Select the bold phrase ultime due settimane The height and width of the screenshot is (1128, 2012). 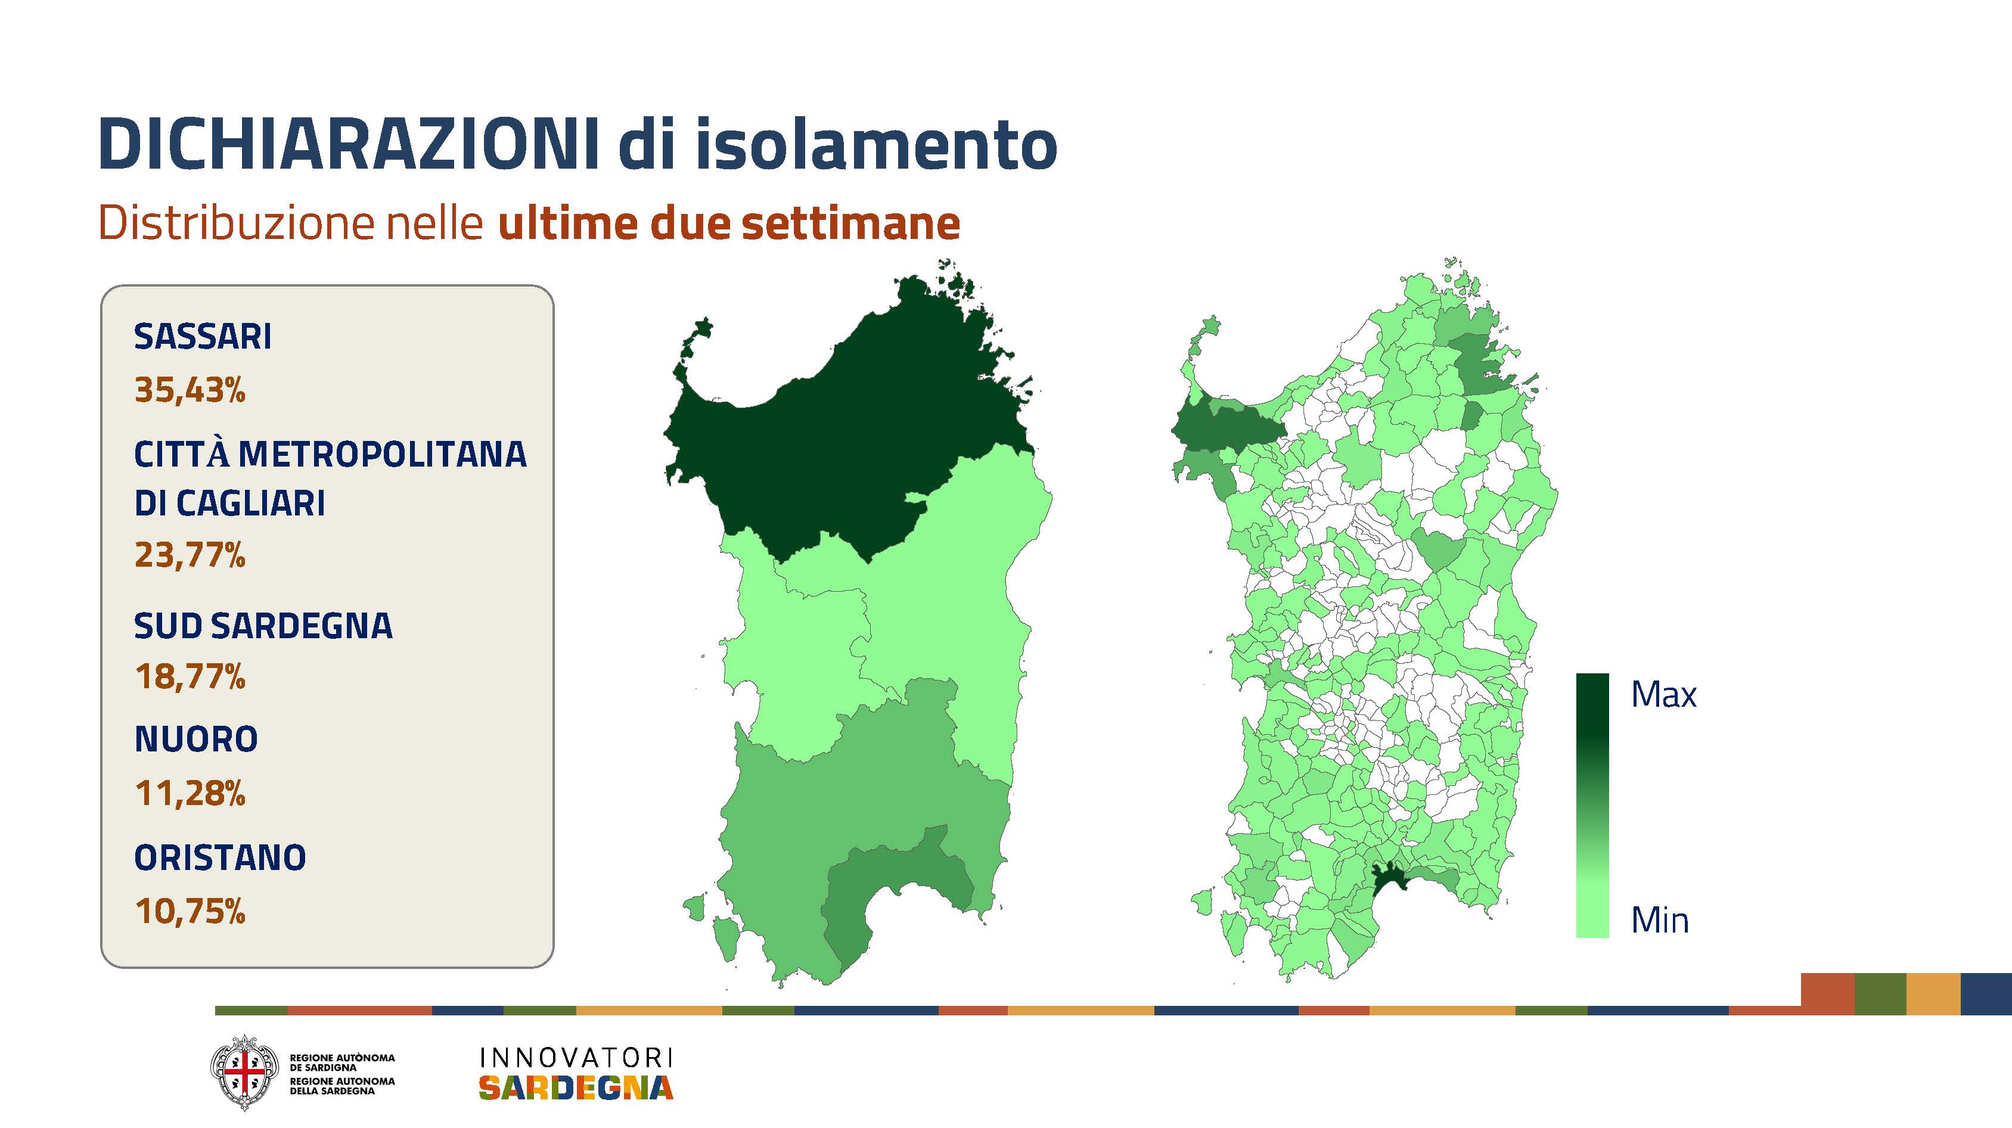tap(729, 223)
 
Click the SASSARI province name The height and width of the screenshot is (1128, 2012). tap(203, 337)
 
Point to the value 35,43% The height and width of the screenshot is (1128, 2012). tap(190, 390)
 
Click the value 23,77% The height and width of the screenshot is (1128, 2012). tap(190, 555)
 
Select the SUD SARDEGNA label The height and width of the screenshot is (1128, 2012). tap(263, 626)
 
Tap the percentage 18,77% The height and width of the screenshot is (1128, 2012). tap(190, 676)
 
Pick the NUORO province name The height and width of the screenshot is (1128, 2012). tap(196, 739)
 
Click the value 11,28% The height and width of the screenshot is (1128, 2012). tap(190, 793)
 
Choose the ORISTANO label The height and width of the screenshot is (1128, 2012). tap(221, 857)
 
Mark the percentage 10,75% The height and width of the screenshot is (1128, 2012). tap(190, 911)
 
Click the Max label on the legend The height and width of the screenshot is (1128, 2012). tap(1663, 694)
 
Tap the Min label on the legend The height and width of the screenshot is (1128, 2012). tap(1660, 920)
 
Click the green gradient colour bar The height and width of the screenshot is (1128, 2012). tap(1592, 806)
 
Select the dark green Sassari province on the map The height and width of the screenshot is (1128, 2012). tap(843, 422)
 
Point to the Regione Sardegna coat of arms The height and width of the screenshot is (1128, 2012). tap(244, 1073)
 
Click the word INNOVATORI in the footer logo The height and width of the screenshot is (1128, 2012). tap(576, 1058)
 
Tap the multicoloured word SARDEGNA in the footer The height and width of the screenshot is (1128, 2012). tap(576, 1087)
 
